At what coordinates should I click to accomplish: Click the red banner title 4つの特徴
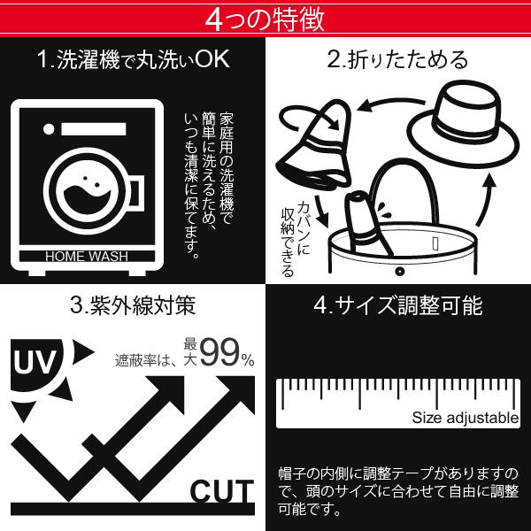coord(265,17)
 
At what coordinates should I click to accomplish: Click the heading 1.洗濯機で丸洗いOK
coord(133,60)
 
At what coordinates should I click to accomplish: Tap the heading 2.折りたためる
coord(397,60)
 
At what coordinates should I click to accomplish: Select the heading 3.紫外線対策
coord(133,307)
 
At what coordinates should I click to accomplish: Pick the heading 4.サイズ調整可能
coord(398,307)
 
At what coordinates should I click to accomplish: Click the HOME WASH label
coord(87,257)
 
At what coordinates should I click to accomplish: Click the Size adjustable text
coord(465,418)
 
